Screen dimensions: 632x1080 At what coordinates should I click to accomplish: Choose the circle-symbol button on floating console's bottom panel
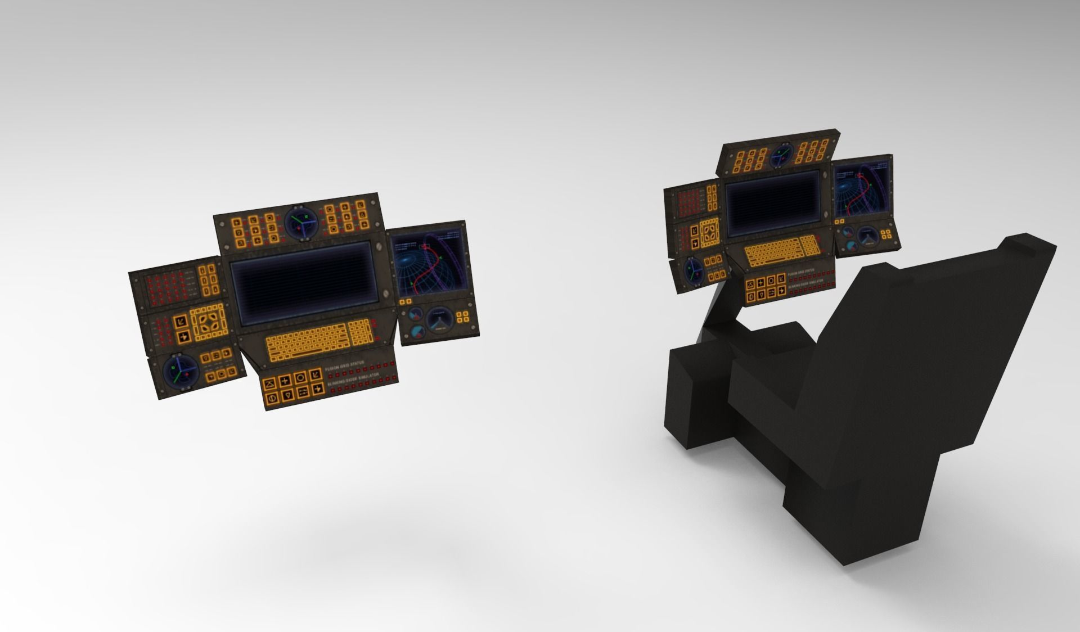point(301,377)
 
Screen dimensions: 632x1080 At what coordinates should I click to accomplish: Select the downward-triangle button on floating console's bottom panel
point(287,396)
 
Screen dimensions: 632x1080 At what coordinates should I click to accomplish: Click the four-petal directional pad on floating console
point(208,323)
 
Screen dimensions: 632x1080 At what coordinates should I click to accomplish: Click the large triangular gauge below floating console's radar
point(440,322)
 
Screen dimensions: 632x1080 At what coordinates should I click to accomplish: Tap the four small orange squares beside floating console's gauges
point(464,318)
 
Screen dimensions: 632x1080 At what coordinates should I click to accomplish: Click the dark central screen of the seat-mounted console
point(772,201)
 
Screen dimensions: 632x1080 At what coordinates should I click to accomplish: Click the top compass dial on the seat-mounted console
point(782,156)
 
